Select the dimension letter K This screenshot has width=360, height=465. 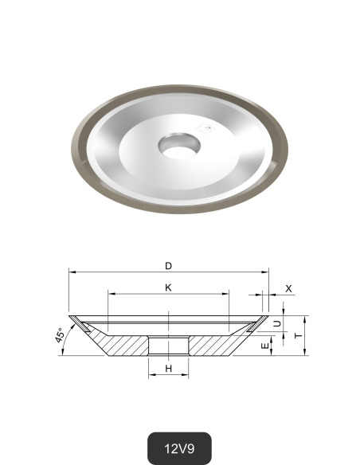coord(169,287)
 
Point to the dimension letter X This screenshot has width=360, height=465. coord(288,287)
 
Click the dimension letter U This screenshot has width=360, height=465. coord(276,322)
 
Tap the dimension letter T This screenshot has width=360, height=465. coord(298,336)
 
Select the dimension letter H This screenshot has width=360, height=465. coord(169,369)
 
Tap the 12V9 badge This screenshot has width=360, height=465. coord(179,447)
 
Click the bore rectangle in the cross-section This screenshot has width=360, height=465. coord(168,346)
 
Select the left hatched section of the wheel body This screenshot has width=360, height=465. coord(123,344)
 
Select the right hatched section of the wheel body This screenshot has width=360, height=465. coord(213,344)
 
